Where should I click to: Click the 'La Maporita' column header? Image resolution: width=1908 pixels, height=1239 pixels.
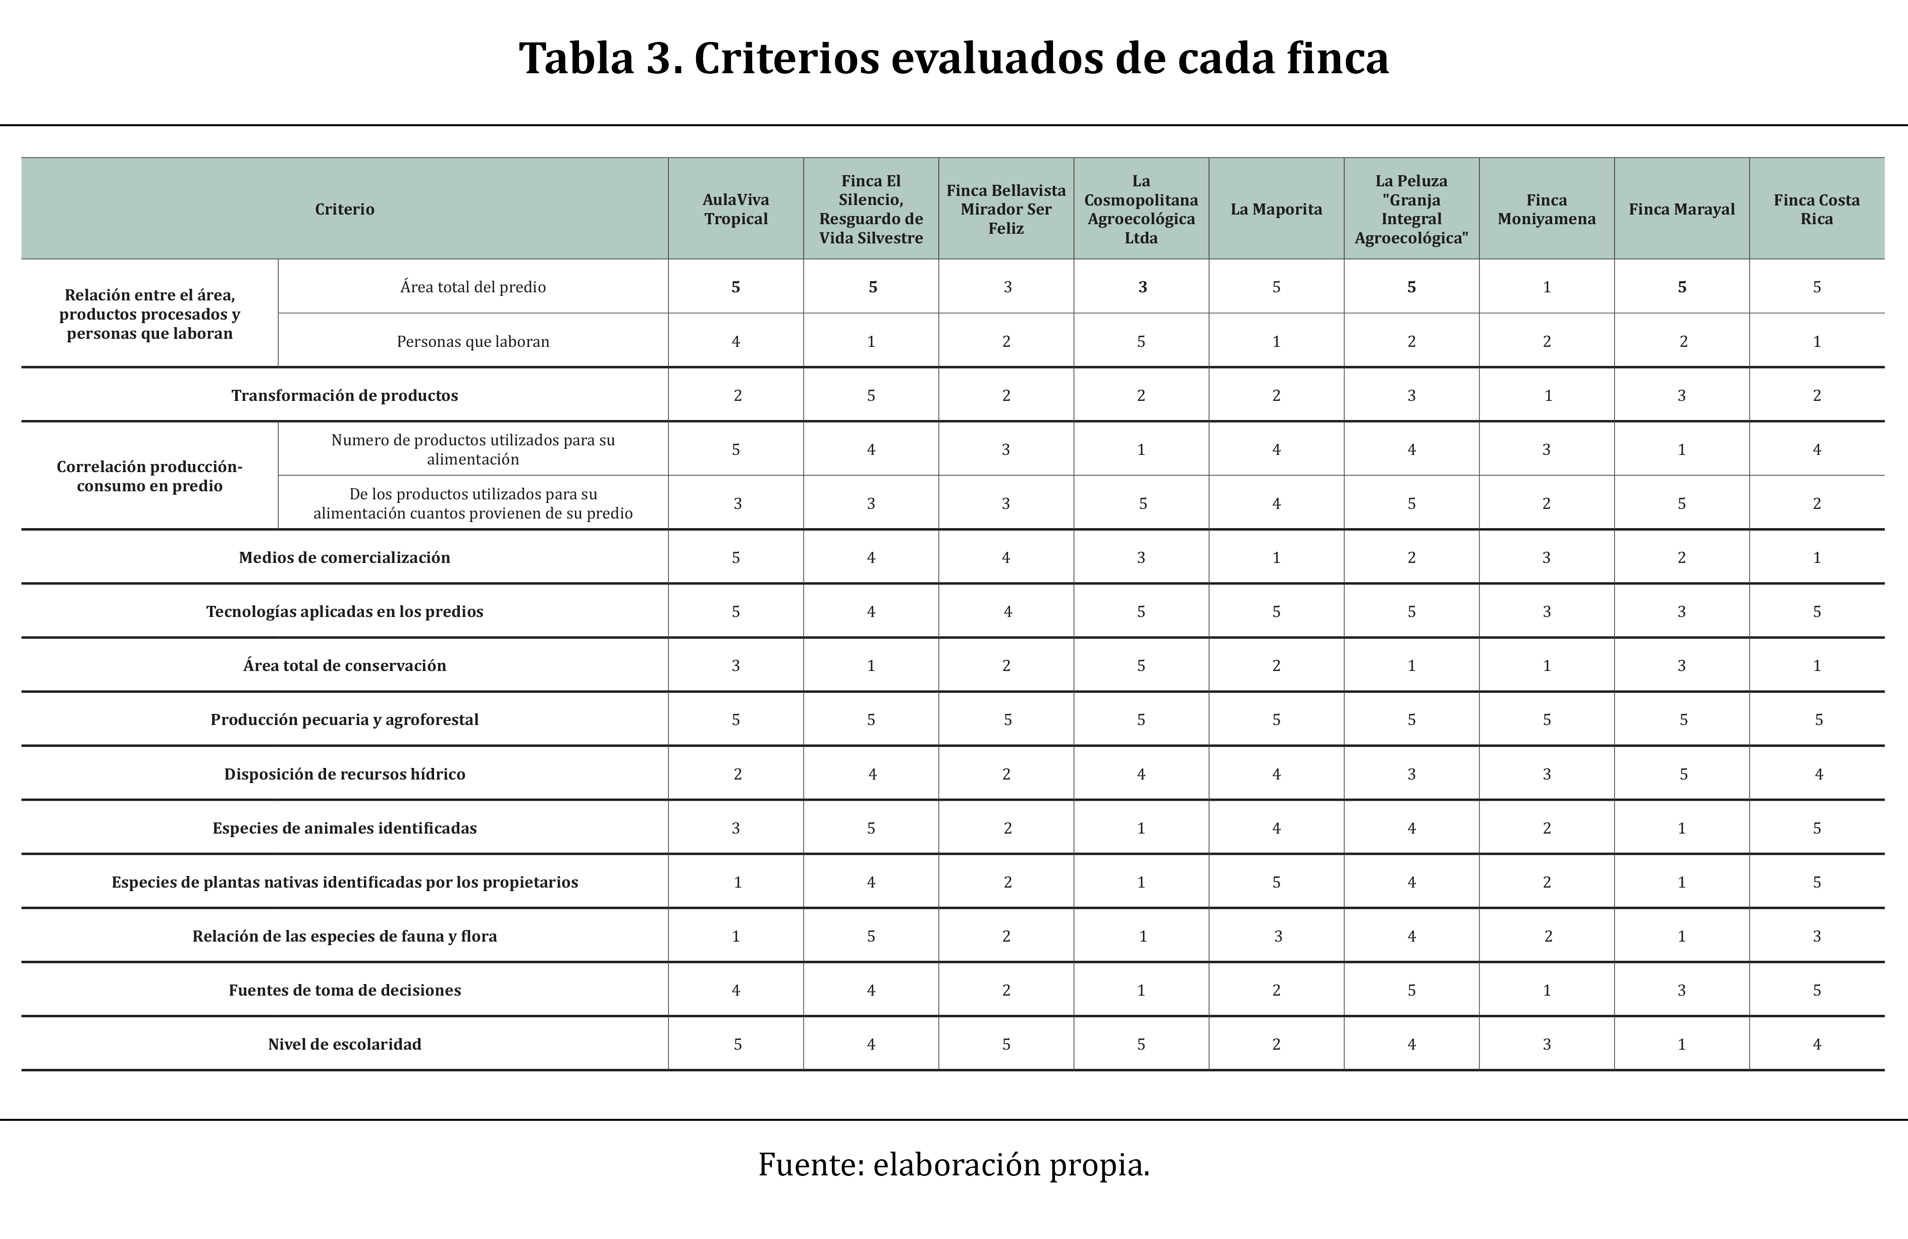click(1276, 210)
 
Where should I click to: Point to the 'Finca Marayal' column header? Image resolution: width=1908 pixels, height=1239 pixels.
click(1681, 210)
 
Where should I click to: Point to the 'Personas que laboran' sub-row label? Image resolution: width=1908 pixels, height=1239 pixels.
click(473, 342)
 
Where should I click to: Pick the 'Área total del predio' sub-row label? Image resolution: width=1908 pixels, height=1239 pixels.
click(473, 287)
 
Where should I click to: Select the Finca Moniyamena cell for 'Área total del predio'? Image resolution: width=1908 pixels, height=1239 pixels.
click(1547, 287)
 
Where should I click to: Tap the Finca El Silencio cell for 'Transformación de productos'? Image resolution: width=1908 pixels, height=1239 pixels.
click(871, 395)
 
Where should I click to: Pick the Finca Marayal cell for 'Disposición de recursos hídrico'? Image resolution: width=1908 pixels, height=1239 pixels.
click(1683, 774)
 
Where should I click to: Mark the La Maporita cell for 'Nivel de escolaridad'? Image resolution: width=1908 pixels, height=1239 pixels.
click(1276, 1044)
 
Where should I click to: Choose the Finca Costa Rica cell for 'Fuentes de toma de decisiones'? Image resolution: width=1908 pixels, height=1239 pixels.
click(1817, 991)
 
